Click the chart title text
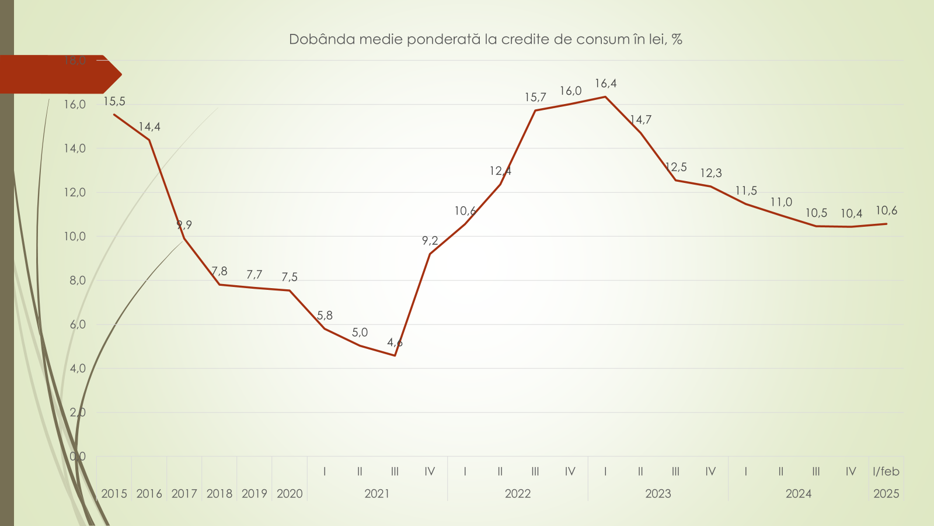[x=486, y=39]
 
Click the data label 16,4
[x=605, y=84]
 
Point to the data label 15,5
[x=114, y=102]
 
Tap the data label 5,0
[x=360, y=333]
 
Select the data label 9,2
[x=430, y=241]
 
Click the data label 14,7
[x=640, y=120]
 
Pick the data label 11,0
[x=781, y=202]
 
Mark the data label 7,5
[x=290, y=277]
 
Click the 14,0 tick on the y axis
[x=75, y=148]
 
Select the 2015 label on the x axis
[x=114, y=494]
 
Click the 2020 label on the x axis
[x=290, y=494]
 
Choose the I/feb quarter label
[x=886, y=472]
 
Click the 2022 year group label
[x=518, y=494]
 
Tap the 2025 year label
[x=886, y=494]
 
